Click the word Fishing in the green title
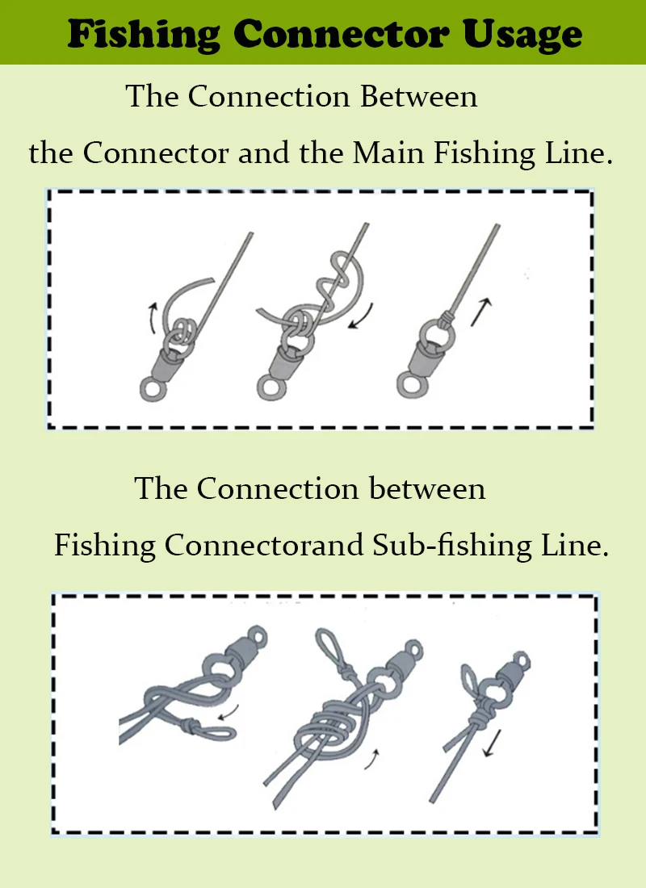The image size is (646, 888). (x=144, y=34)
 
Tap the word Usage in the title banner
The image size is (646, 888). (x=522, y=35)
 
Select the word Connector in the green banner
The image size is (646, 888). (x=341, y=33)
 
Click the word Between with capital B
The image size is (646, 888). (x=419, y=96)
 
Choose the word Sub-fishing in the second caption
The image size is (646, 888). (x=451, y=547)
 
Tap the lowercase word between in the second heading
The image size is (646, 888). (x=426, y=488)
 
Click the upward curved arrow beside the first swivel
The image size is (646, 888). (x=152, y=318)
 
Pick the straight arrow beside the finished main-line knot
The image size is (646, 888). (x=480, y=312)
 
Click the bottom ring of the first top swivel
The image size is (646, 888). (x=153, y=390)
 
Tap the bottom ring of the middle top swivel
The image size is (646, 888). (x=271, y=388)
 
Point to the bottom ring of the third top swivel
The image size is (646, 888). (x=411, y=384)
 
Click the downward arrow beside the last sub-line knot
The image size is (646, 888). (x=492, y=743)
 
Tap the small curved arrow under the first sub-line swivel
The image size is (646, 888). (x=228, y=713)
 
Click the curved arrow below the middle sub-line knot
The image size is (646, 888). (x=372, y=759)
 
